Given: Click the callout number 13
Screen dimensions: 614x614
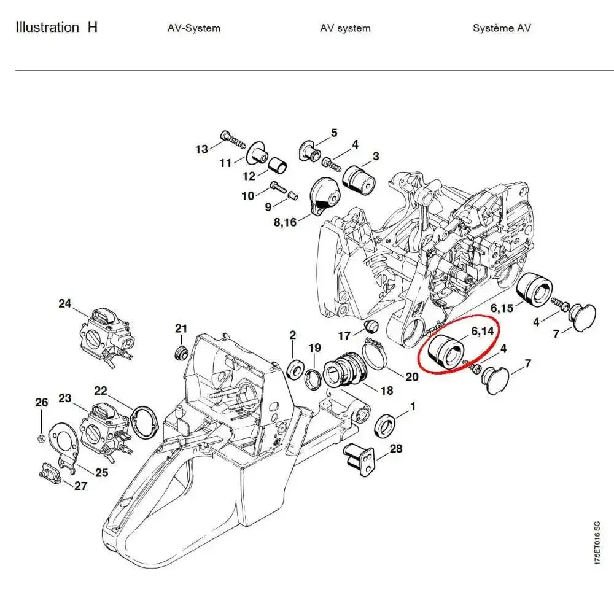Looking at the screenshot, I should click(201, 149).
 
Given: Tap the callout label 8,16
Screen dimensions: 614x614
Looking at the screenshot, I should click(284, 222).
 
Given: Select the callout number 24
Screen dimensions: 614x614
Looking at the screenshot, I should click(65, 303).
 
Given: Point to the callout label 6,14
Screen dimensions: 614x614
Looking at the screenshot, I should click(482, 332).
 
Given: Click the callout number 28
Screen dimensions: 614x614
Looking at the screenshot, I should click(396, 449).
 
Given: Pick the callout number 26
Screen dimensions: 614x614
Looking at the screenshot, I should click(41, 403).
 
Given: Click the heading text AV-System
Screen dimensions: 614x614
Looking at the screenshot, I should click(193, 28).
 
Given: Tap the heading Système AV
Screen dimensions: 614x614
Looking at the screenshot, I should click(502, 28).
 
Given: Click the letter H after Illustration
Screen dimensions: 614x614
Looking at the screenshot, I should click(93, 28).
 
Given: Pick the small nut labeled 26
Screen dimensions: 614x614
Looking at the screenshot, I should click(41, 438).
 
